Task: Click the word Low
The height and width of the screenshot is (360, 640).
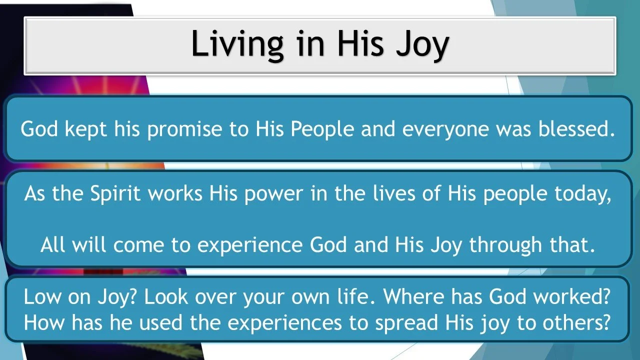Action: pyautogui.click(x=42, y=297)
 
